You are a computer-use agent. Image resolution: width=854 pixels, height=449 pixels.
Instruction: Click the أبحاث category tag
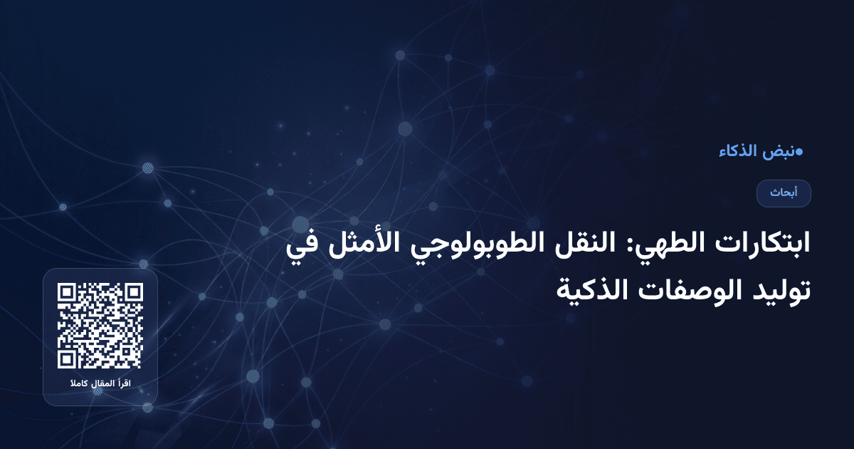784,193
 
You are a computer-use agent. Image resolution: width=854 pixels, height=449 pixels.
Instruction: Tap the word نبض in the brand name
779,152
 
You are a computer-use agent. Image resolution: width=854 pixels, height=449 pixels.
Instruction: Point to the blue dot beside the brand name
799,151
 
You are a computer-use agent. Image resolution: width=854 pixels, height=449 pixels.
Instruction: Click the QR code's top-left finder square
68,293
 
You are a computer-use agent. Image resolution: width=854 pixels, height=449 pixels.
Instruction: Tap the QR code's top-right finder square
132,293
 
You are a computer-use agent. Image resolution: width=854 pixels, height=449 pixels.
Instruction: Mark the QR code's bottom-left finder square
68,358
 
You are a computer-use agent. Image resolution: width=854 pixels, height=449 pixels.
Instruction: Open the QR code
100,326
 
